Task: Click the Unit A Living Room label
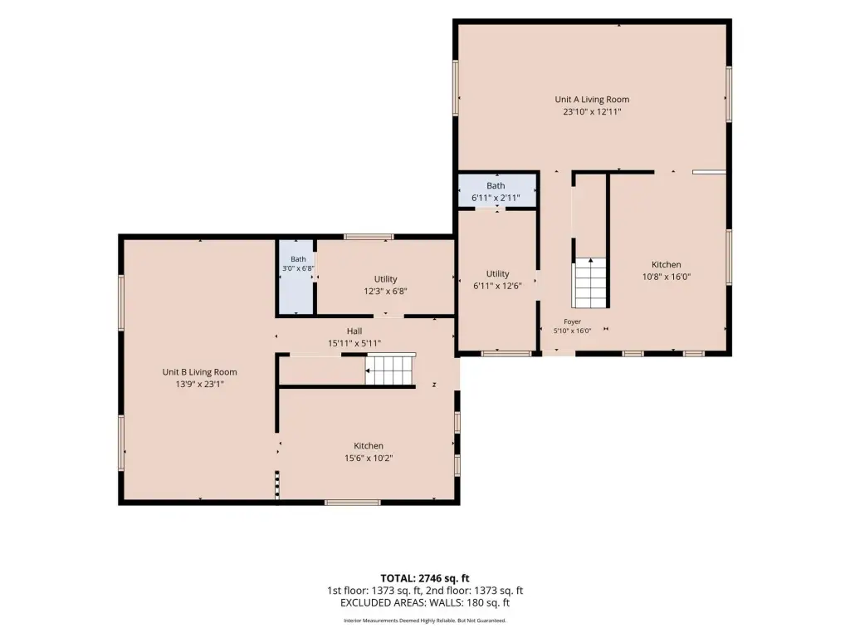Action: coord(592,100)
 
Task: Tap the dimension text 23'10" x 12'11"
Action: coord(592,112)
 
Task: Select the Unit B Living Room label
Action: coord(199,372)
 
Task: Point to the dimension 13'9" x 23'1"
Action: coord(199,384)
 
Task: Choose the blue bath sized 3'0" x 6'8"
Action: coord(296,277)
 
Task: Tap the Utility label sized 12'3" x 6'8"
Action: coord(385,279)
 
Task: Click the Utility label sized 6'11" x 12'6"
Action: coord(498,274)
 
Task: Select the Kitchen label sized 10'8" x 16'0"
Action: coord(667,265)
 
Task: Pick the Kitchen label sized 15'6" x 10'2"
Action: coord(369,446)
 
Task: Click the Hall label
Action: coord(354,331)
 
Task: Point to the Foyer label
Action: coord(573,321)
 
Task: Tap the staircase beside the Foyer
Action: coord(590,282)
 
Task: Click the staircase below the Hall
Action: coord(390,370)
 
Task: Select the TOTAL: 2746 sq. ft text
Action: coord(425,578)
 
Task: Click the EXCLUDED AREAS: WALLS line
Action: coord(425,603)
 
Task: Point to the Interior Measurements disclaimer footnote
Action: coord(425,621)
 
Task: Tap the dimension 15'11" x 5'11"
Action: coord(354,343)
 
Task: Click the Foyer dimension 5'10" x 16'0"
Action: coord(573,331)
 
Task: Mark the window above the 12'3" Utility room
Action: coord(369,237)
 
